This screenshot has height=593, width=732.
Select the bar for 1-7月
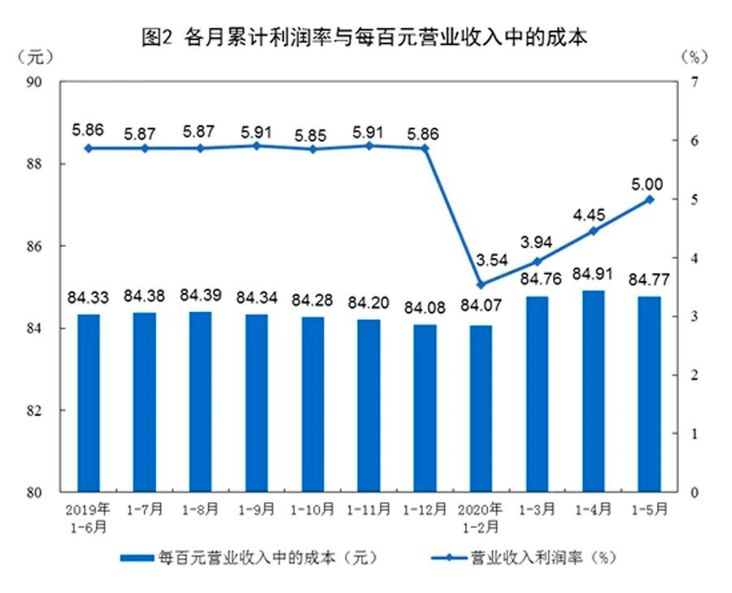(x=145, y=402)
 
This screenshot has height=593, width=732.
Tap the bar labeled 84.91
(x=592, y=391)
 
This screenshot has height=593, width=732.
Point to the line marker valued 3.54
(x=480, y=284)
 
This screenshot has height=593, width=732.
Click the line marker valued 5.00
(x=648, y=199)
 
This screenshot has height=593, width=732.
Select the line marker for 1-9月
(x=256, y=146)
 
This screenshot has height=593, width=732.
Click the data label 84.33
(x=89, y=297)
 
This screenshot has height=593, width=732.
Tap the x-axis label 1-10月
(x=312, y=509)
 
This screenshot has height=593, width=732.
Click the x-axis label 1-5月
(x=648, y=509)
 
